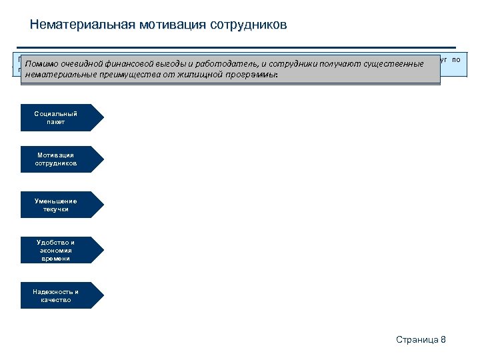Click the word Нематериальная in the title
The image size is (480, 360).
coord(82,25)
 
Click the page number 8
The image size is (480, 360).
coord(443,340)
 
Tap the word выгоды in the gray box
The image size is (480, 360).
coord(170,64)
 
